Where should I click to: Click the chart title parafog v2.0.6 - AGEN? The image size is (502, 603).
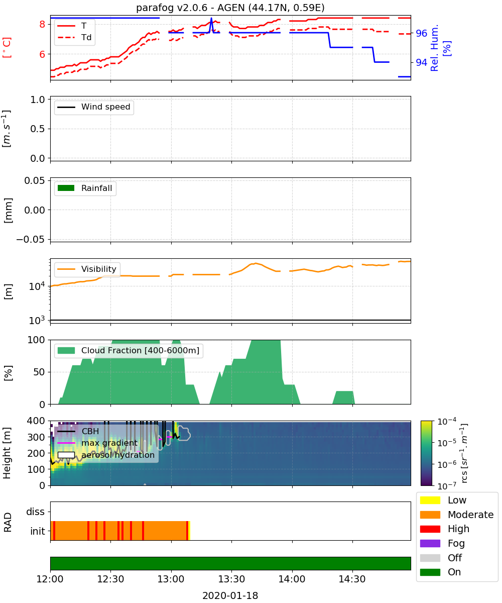(x=230, y=8)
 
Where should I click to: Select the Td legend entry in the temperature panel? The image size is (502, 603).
(x=74, y=37)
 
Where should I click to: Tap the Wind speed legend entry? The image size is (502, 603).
(x=94, y=107)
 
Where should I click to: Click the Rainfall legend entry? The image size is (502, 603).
(x=85, y=188)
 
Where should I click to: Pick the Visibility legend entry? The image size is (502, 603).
(x=87, y=269)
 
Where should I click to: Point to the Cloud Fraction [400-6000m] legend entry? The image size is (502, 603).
(x=129, y=350)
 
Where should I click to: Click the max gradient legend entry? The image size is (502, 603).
(x=97, y=443)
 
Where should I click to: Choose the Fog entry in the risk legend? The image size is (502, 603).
(x=442, y=543)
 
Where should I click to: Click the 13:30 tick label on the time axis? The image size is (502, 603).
(x=231, y=579)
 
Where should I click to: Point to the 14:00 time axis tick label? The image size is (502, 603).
(x=292, y=579)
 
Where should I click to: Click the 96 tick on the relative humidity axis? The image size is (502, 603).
(x=421, y=33)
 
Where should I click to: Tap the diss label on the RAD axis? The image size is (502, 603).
(x=36, y=512)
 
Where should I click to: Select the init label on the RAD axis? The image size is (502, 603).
(x=38, y=531)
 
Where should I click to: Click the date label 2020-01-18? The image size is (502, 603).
(x=230, y=595)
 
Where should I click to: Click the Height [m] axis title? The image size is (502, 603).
(x=7, y=453)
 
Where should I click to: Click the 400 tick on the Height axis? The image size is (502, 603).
(x=36, y=421)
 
